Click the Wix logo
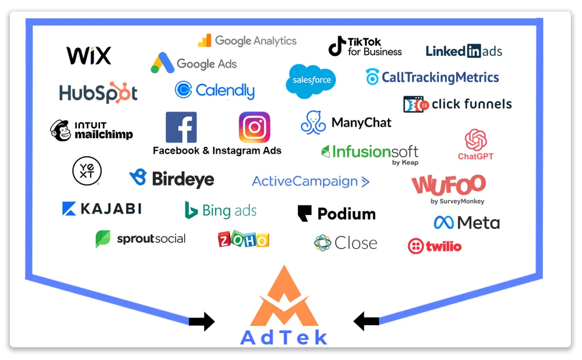coord(89,55)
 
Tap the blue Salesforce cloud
coord(311,81)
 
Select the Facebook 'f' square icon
coord(181,127)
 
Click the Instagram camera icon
coord(255,127)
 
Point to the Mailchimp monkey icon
coord(61,130)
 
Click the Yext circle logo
coord(87,171)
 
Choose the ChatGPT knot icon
coord(476,140)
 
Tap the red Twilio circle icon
coord(416,246)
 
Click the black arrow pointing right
coord(201,321)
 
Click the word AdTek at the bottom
coord(284,338)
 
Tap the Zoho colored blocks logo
coord(243,239)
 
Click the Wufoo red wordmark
coord(449,185)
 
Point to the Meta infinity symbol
coord(444,223)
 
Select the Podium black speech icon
coord(305,213)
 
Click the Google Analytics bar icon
coord(205,41)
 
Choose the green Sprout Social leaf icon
coord(103,239)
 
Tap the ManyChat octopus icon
coord(313,122)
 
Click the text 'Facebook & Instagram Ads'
coord(217,150)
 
